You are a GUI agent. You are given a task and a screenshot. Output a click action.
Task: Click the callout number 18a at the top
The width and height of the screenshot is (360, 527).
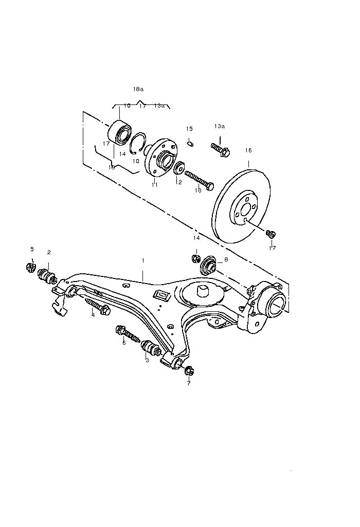[138, 89]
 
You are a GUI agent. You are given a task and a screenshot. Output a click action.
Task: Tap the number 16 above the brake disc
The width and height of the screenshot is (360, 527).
[248, 150]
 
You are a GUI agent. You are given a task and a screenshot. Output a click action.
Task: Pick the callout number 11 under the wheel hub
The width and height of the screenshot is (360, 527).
[154, 184]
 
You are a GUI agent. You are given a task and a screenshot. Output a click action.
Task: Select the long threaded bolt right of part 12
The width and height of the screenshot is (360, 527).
[199, 180]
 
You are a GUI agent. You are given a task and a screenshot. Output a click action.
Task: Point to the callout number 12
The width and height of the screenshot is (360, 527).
[179, 182]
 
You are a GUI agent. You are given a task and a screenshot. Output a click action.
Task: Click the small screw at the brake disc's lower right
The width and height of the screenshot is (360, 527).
[271, 234]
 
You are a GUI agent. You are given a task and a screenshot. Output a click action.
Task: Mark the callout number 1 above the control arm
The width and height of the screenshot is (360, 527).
[143, 261]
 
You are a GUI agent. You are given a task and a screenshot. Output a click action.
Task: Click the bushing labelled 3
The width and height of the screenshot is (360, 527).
[149, 350]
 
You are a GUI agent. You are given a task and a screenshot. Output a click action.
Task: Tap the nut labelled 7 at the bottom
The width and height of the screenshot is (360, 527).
[189, 370]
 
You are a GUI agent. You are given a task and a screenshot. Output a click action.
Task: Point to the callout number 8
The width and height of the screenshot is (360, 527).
[226, 260]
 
